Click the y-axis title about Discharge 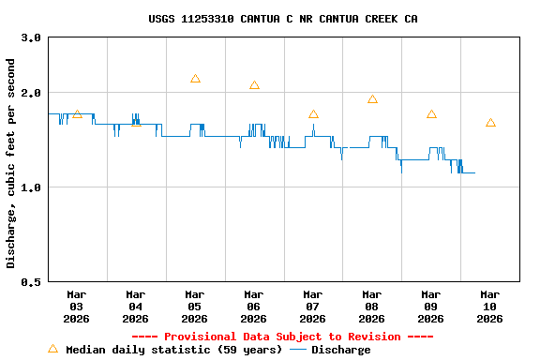tap(11, 163)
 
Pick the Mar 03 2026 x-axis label tap(77, 307)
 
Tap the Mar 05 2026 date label tap(195, 307)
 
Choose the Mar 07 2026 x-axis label tap(313, 307)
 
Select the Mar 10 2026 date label tap(489, 307)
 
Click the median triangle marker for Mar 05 tap(195, 79)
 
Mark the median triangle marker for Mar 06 tap(254, 85)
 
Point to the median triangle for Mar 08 tap(372, 99)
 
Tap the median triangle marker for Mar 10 tap(490, 123)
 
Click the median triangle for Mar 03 tap(77, 113)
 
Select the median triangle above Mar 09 tap(431, 114)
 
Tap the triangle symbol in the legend tap(52, 349)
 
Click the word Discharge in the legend tap(340, 350)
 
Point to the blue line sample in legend tap(298, 350)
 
